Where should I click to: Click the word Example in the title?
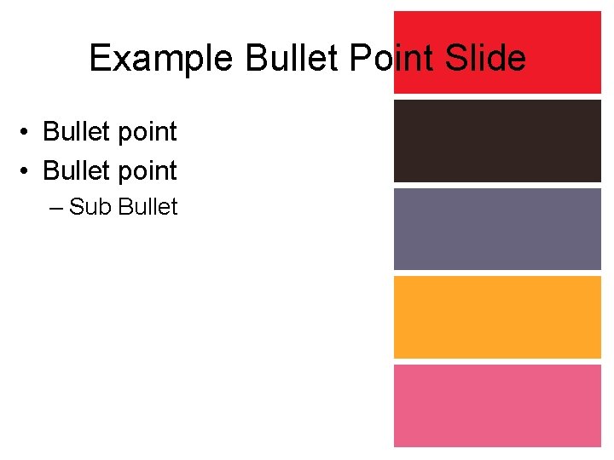click(x=161, y=59)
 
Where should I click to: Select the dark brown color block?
click(x=497, y=141)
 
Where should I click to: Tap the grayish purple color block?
click(x=497, y=228)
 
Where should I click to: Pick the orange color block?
click(x=497, y=317)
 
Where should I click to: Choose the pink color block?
click(x=497, y=405)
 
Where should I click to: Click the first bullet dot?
click(x=28, y=133)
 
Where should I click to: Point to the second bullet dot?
click(x=28, y=171)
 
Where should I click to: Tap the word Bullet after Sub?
click(x=148, y=207)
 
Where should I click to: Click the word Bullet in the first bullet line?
click(x=77, y=132)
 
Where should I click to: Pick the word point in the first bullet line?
click(x=147, y=133)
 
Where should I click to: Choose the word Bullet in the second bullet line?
click(x=77, y=170)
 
